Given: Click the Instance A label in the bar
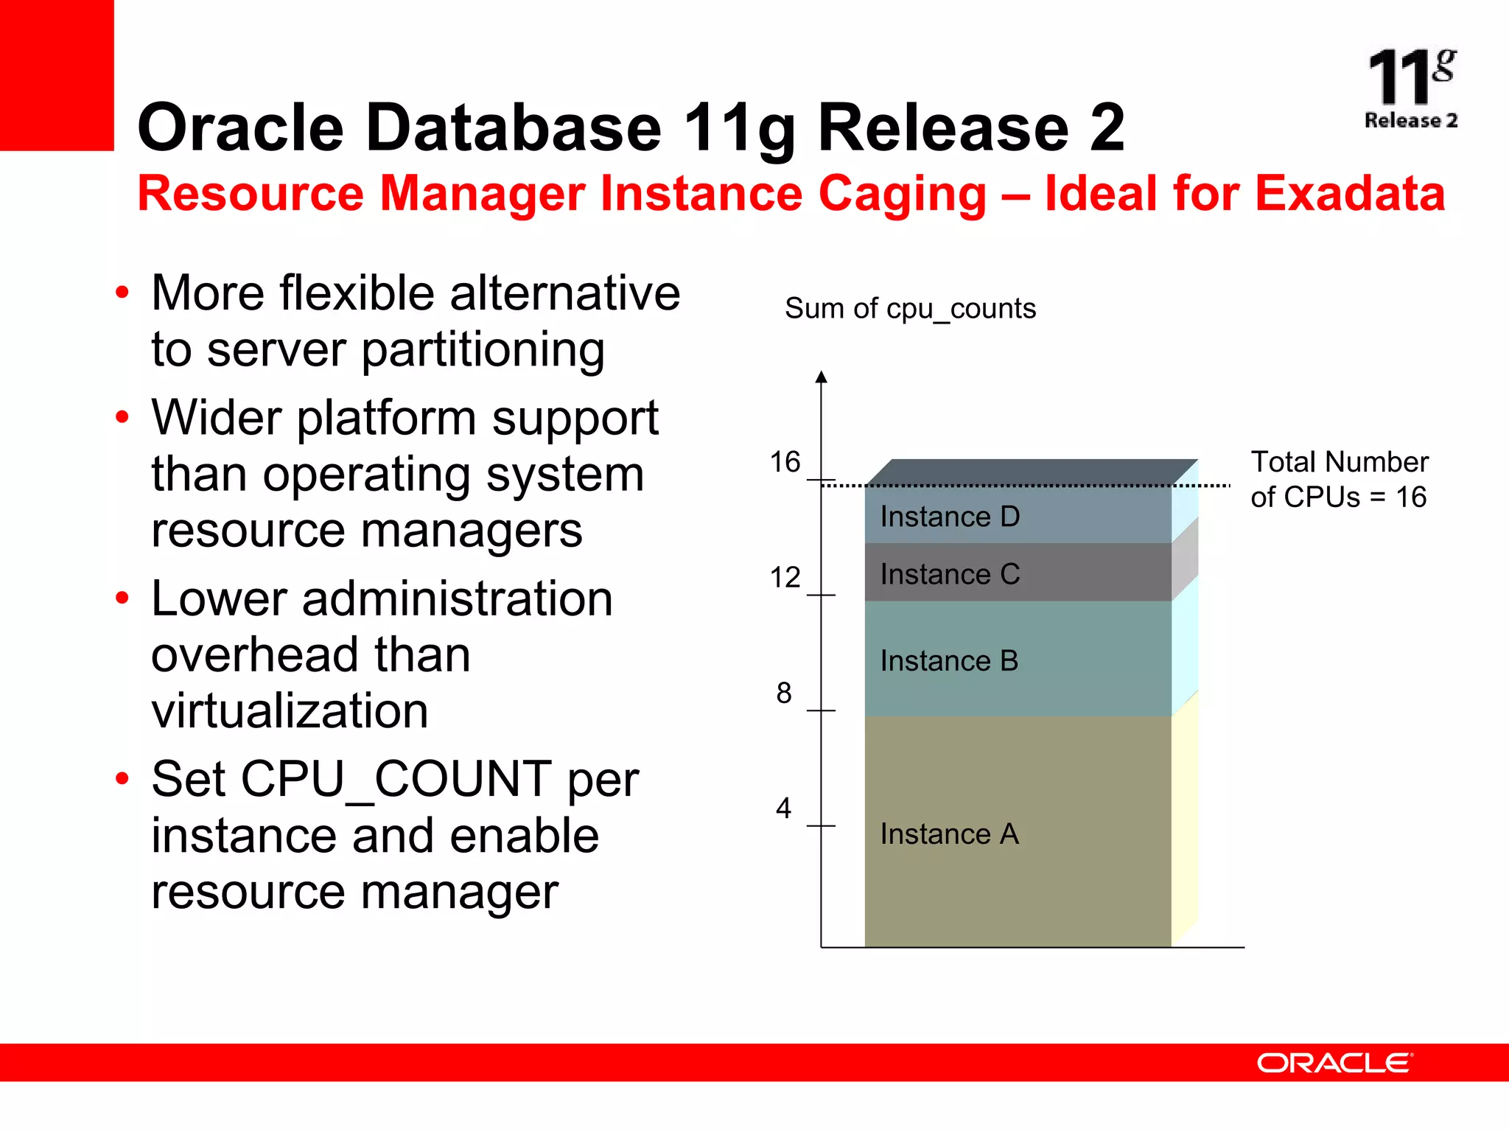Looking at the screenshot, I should [x=949, y=834].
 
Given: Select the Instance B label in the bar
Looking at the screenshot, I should [x=949, y=661].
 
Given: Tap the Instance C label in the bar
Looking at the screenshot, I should [x=950, y=574].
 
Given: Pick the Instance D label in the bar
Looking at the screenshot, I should [x=950, y=517].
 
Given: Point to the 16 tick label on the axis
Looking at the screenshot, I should [x=785, y=462].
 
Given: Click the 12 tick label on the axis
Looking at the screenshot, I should [x=785, y=577].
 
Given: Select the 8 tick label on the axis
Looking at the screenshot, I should [x=784, y=693].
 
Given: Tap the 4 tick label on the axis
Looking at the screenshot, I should [x=783, y=808].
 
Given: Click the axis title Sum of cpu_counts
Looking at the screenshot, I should [x=910, y=308].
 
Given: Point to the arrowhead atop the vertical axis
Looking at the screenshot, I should [x=822, y=377].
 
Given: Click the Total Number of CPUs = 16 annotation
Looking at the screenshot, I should [x=1339, y=479].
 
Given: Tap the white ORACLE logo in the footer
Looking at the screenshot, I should [x=1334, y=1063].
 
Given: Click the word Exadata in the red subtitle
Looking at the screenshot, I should [x=1350, y=193].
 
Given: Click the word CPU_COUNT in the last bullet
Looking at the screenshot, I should [x=396, y=779].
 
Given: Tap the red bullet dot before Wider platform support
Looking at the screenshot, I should [x=122, y=418].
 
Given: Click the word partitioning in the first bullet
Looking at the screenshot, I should [x=483, y=349].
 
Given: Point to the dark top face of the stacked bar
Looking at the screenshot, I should [x=1032, y=472].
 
